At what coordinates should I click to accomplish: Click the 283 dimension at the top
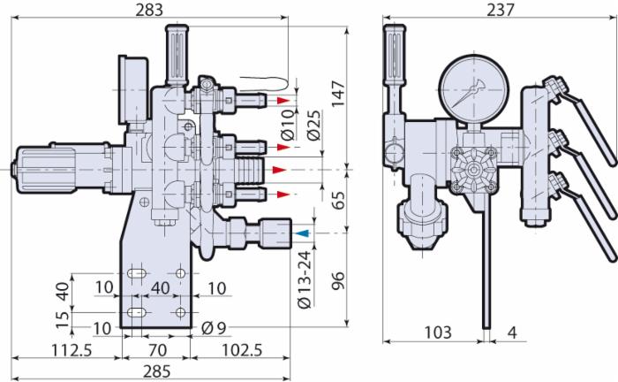(149, 10)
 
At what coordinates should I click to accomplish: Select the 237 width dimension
(501, 10)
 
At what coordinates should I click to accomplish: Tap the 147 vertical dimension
(338, 94)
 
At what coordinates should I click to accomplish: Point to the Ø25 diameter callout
(314, 126)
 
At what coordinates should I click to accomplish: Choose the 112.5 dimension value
(72, 349)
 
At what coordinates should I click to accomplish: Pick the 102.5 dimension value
(242, 349)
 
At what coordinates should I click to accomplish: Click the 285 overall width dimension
(156, 371)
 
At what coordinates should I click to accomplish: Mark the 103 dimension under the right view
(438, 332)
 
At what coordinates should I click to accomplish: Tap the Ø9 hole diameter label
(214, 327)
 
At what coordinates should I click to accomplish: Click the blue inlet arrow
(303, 233)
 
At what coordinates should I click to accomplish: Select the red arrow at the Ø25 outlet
(280, 170)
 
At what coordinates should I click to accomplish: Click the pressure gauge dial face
(473, 88)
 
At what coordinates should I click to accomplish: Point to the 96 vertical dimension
(338, 280)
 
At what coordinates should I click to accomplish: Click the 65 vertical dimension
(338, 200)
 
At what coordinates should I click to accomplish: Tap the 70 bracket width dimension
(157, 349)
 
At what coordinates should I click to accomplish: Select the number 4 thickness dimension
(511, 332)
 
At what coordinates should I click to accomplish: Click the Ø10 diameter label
(288, 125)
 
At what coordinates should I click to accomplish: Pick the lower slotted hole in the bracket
(137, 312)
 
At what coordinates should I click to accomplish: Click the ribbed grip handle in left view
(177, 55)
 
